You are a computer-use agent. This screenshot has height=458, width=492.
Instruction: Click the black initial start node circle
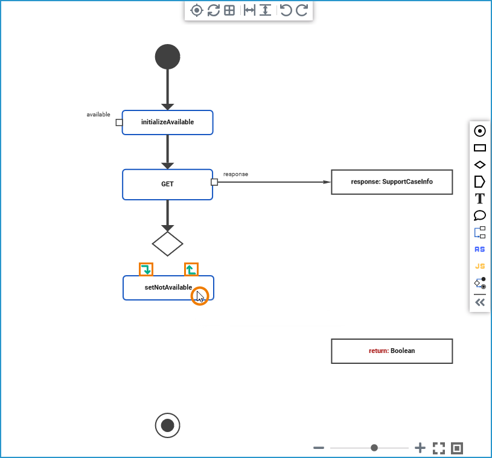pyautogui.click(x=167, y=57)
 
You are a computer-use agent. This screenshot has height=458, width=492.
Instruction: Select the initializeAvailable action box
pyautogui.click(x=167, y=122)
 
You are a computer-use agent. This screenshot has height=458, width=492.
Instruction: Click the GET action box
pyautogui.click(x=167, y=184)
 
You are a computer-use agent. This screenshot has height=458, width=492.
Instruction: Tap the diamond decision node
pyautogui.click(x=167, y=244)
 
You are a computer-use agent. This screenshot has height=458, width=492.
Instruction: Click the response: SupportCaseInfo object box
pyautogui.click(x=392, y=182)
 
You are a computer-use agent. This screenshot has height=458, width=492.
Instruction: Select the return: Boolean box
pyautogui.click(x=392, y=351)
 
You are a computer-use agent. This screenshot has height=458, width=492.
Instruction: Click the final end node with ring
pyautogui.click(x=167, y=425)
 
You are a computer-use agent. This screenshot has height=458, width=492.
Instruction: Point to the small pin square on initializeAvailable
pyautogui.click(x=119, y=122)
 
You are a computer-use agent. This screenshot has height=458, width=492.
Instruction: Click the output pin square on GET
pyautogui.click(x=214, y=182)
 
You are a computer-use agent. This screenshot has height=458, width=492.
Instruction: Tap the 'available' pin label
pyautogui.click(x=98, y=114)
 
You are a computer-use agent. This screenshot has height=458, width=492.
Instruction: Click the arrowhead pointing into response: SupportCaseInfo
pyautogui.click(x=327, y=182)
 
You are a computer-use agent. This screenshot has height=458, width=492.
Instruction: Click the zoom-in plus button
pyautogui.click(x=420, y=448)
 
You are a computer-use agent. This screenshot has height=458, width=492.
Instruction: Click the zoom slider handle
pyautogui.click(x=374, y=448)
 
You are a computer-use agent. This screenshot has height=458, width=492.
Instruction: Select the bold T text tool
pyautogui.click(x=480, y=199)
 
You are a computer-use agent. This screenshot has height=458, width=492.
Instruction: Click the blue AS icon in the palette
pyautogui.click(x=480, y=249)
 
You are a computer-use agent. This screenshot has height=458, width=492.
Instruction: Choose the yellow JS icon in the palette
pyautogui.click(x=480, y=266)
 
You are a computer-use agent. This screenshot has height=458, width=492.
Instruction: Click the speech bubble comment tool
pyautogui.click(x=480, y=215)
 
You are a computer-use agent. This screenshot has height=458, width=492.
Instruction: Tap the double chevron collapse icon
pyautogui.click(x=480, y=302)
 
